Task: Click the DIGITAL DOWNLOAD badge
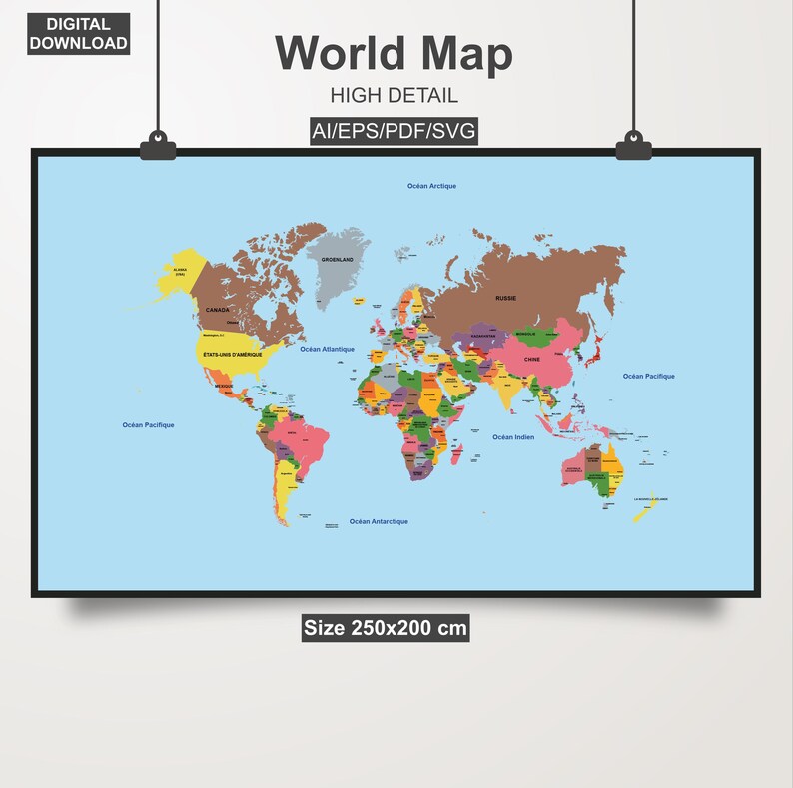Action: (x=78, y=33)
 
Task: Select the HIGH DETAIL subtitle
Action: (x=394, y=96)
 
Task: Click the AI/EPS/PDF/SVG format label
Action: (x=394, y=131)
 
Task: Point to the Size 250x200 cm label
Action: (x=386, y=628)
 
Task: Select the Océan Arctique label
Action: (x=431, y=186)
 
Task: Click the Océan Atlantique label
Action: (x=328, y=349)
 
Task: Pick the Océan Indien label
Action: (x=513, y=437)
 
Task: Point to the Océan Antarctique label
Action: (x=379, y=521)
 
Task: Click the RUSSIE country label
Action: (x=506, y=298)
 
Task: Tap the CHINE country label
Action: (x=531, y=359)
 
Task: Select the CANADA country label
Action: (x=217, y=310)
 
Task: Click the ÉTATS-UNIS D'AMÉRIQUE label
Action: (x=233, y=355)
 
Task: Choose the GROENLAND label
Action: (x=337, y=259)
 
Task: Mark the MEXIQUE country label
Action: (x=224, y=386)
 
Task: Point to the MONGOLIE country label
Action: (x=525, y=334)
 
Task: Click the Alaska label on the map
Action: (x=181, y=271)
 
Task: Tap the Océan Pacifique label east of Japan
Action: (x=648, y=377)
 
